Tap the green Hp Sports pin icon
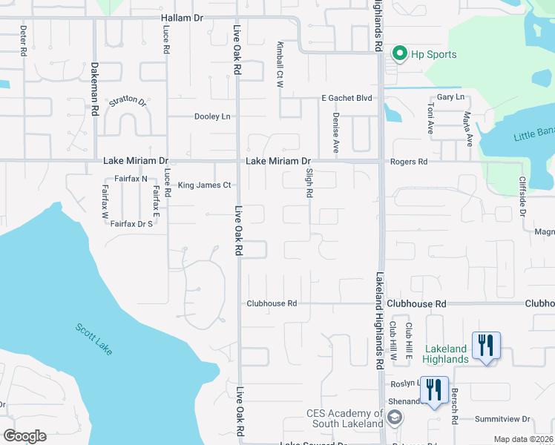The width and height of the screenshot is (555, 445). (400, 53)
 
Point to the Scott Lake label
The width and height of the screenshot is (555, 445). (94, 339)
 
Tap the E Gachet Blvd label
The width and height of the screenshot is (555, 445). (346, 98)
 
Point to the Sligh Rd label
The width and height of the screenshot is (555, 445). (309, 182)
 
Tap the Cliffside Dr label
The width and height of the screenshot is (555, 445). (522, 196)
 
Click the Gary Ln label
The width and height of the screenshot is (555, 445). (450, 97)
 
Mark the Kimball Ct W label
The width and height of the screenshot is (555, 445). (280, 66)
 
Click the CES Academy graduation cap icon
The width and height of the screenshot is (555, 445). (395, 418)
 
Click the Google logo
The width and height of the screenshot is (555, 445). (25, 436)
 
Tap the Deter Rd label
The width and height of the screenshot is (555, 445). (23, 42)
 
